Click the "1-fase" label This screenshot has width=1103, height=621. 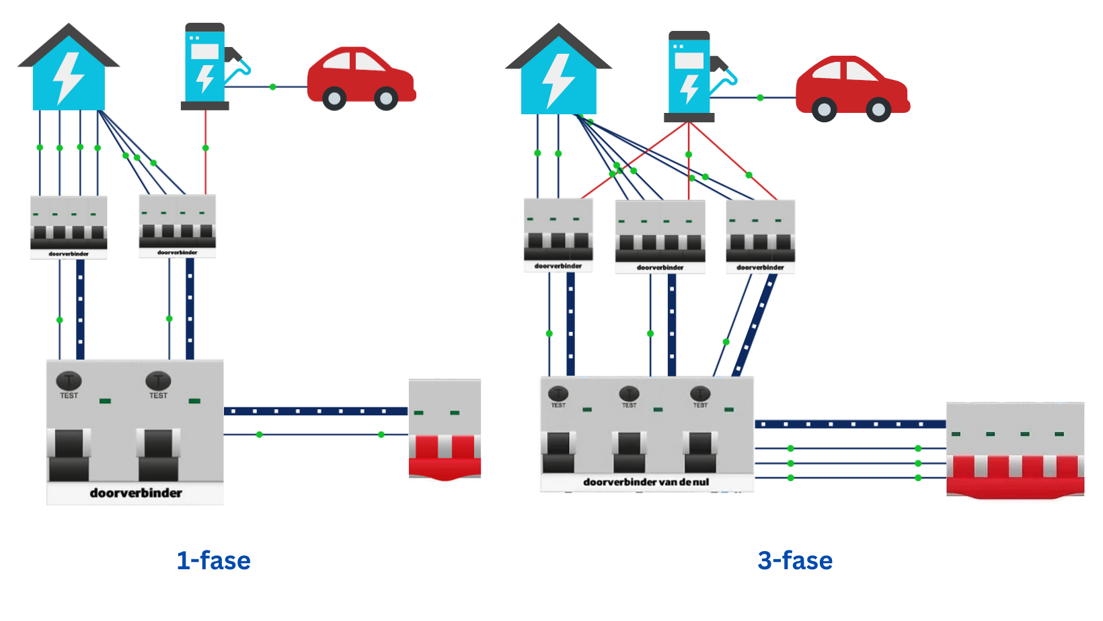[x=213, y=561]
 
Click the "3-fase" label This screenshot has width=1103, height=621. [x=795, y=561]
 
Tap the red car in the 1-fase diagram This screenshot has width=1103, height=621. [x=361, y=78]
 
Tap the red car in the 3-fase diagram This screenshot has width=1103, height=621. [x=852, y=89]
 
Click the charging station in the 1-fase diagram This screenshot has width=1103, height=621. [x=205, y=67]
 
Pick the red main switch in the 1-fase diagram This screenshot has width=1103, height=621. [x=445, y=432]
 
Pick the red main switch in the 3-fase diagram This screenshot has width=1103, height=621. [x=1016, y=454]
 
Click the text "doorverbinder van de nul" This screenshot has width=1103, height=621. [x=646, y=482]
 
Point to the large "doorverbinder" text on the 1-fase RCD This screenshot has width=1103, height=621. [x=136, y=493]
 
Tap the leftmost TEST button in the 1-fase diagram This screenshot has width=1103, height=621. [x=69, y=381]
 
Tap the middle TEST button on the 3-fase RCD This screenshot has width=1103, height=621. [x=629, y=393]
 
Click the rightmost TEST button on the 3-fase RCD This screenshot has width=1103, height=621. [x=700, y=393]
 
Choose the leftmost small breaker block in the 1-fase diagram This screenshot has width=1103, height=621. [x=69, y=227]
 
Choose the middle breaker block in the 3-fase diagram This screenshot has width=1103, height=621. [x=660, y=236]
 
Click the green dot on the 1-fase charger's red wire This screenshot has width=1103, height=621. [x=206, y=148]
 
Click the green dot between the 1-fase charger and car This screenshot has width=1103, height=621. [x=272, y=87]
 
